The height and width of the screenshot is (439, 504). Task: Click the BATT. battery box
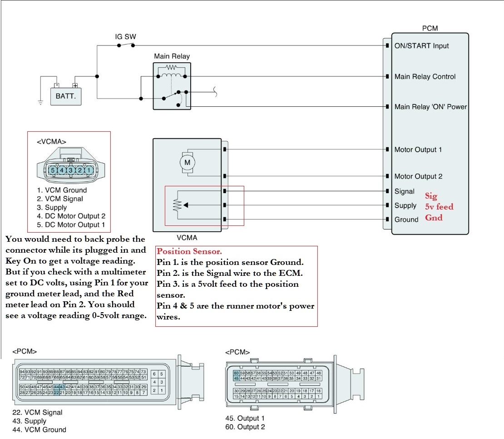(x=66, y=96)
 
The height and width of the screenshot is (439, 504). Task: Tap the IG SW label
(x=125, y=36)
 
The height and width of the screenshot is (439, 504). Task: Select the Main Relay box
(x=172, y=86)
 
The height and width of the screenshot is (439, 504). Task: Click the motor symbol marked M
(x=188, y=162)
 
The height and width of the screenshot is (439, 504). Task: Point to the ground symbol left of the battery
(x=40, y=103)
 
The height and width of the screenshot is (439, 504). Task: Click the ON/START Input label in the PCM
(x=421, y=46)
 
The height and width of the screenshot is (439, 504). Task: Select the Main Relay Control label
(x=425, y=76)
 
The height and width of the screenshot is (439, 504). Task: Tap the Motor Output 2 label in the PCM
(x=418, y=176)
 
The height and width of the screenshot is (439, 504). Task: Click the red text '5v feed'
(x=439, y=207)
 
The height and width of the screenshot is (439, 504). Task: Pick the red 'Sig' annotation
(x=431, y=196)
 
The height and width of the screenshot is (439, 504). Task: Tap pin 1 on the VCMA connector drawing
(x=89, y=170)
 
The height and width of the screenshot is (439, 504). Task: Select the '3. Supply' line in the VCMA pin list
(x=52, y=207)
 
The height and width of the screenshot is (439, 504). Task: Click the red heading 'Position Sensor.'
(x=189, y=251)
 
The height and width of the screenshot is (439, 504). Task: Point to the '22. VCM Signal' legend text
(x=37, y=413)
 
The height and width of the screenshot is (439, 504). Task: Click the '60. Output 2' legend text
(x=245, y=427)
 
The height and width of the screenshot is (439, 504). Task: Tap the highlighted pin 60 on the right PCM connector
(x=236, y=373)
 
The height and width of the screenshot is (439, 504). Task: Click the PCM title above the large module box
(x=430, y=28)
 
